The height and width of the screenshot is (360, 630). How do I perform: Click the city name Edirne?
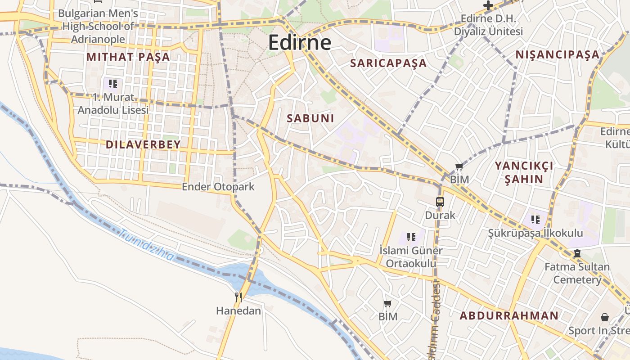300,43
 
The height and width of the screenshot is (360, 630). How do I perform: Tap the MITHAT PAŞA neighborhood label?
128,57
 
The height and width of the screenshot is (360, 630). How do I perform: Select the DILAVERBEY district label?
143,144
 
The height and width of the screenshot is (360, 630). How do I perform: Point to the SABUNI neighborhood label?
310,118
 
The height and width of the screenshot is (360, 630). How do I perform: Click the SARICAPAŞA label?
388,63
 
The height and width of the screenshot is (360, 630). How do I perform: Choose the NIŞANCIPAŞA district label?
558,55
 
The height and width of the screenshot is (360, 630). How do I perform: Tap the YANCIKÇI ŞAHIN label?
524,172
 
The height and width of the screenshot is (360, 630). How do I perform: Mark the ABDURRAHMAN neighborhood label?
508,315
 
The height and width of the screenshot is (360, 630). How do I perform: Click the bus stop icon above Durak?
440,202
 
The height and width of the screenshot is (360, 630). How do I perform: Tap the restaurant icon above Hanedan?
238,297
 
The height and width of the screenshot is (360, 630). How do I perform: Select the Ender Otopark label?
218,187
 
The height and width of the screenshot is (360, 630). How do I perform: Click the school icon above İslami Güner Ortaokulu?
411,237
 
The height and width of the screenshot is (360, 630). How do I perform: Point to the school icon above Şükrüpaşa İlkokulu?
535,220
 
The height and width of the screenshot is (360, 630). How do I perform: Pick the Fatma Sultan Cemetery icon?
577,254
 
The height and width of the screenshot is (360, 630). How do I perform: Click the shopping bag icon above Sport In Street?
605,317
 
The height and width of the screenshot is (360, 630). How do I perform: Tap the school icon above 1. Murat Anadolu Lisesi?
113,84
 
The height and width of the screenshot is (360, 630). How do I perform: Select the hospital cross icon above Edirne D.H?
488,5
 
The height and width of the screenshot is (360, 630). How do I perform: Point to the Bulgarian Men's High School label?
98,26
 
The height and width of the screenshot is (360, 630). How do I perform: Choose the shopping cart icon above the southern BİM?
387,303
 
